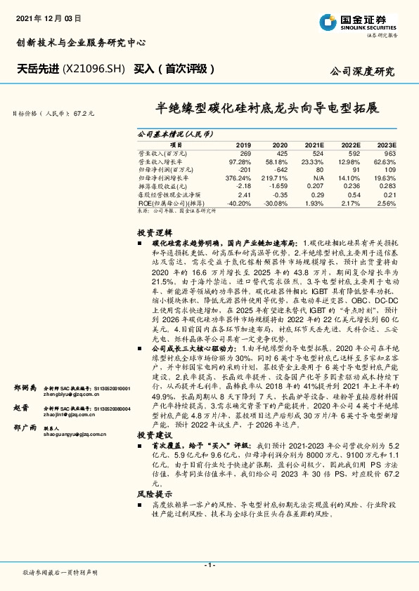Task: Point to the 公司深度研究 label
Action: [362, 72]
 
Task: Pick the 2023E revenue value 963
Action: [389, 152]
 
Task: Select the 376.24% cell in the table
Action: [239, 178]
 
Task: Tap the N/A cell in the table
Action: [317, 178]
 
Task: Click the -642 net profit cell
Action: [280, 169]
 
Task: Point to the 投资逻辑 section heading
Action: [152, 232]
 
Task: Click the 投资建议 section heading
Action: [152, 435]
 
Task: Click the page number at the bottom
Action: [209, 564]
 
